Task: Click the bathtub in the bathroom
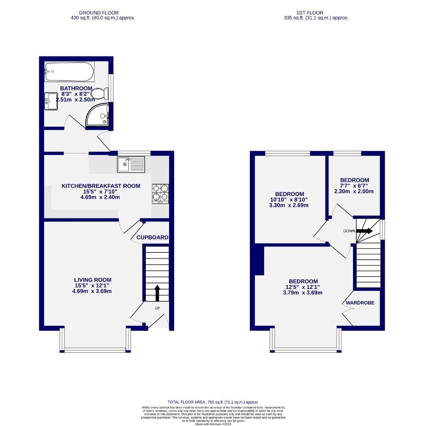point(69,72)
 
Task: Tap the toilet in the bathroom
point(98,94)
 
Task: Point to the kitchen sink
point(131,164)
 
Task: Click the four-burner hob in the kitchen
point(160,193)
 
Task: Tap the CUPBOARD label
point(152,237)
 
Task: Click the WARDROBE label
point(360,303)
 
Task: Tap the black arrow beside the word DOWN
point(364,231)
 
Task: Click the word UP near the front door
point(157,308)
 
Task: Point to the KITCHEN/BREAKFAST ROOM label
point(101,186)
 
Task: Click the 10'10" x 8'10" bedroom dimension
point(289,200)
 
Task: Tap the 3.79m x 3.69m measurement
point(303,293)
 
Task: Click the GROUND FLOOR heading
point(99,13)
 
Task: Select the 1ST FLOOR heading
point(316,13)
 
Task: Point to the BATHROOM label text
point(76,88)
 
